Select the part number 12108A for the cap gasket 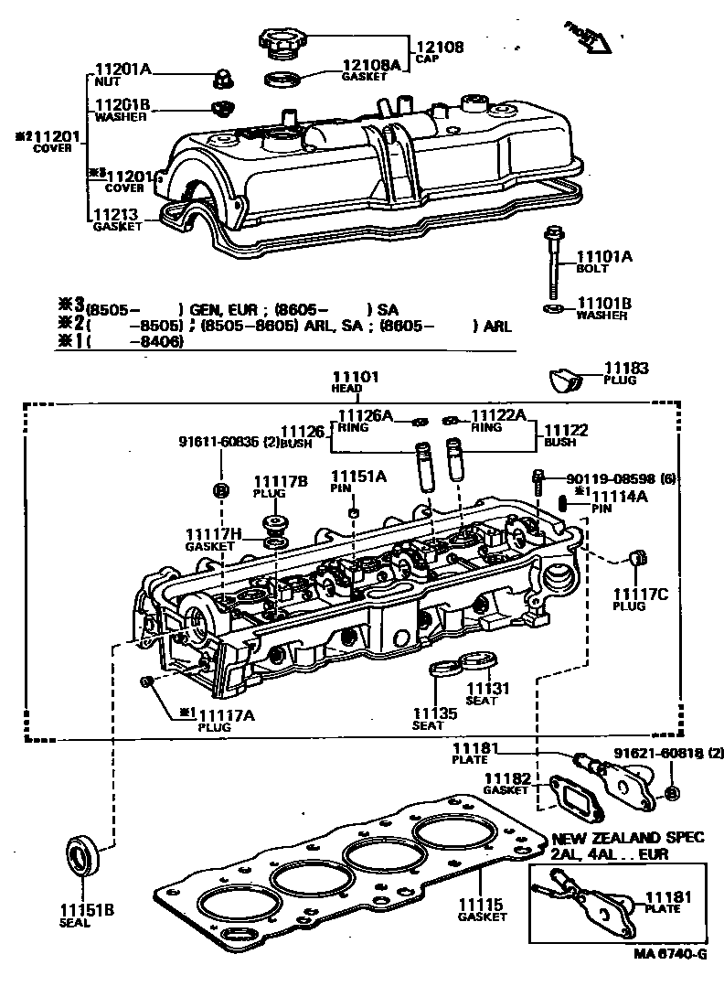click(x=371, y=65)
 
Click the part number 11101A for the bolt click(x=603, y=257)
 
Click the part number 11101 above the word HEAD click(x=355, y=376)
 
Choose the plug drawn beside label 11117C click(x=639, y=558)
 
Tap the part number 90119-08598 click(x=606, y=477)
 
